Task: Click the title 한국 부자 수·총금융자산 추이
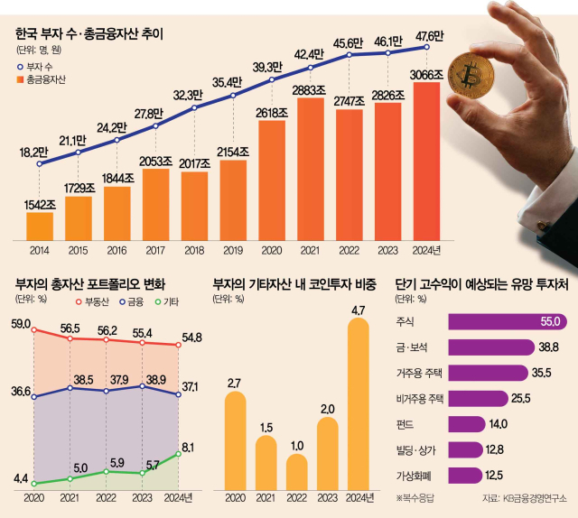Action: pos(94,36)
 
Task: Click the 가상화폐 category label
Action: pos(418,475)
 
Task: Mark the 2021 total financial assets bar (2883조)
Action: pos(311,171)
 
